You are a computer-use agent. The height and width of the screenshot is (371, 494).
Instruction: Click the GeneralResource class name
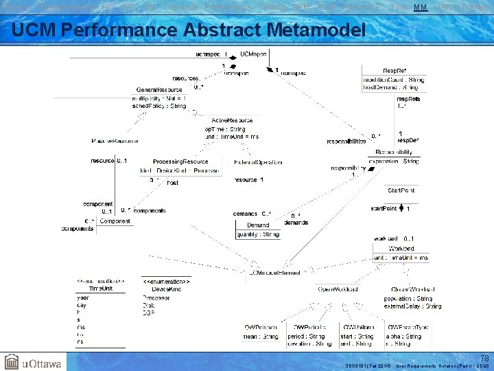coord(159,90)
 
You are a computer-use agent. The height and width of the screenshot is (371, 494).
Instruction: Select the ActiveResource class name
coord(232,120)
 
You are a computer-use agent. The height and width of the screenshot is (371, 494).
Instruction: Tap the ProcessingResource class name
coord(180,161)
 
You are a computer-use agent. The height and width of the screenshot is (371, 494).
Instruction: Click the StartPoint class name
coord(401,190)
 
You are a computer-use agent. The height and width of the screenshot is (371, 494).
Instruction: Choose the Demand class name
coord(258,225)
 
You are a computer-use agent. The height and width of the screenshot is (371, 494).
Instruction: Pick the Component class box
coord(114,222)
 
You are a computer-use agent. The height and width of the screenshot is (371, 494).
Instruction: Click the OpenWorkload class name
coord(338,289)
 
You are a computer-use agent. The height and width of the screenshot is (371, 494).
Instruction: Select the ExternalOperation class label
coord(257,162)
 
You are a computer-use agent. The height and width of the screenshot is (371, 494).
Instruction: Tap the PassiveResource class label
coord(115,141)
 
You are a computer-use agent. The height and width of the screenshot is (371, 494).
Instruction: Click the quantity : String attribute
coord(258,234)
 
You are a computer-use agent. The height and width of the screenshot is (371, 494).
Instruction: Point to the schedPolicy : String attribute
coord(158,106)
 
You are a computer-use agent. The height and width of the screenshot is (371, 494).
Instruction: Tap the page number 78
coord(484,358)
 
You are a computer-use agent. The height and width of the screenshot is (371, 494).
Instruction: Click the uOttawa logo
coord(32,361)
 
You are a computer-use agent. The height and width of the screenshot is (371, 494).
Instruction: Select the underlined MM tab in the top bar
coord(420,6)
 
